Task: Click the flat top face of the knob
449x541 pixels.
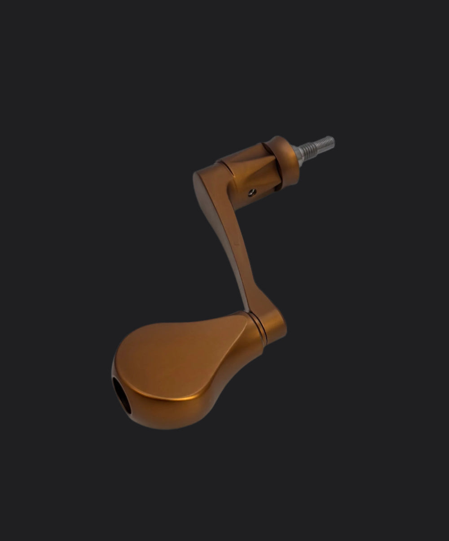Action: (180, 355)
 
